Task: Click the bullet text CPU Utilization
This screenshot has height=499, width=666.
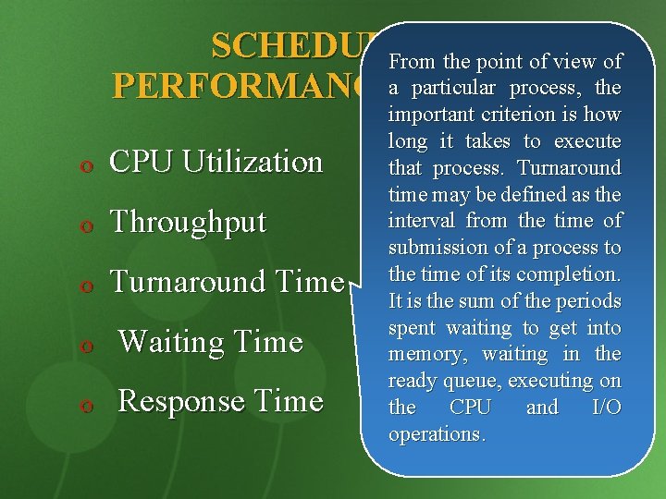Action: (x=216, y=162)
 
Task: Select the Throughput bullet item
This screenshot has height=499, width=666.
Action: (x=188, y=223)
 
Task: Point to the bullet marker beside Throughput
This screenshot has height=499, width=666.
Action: (x=85, y=225)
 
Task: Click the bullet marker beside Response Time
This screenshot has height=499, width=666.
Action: (x=85, y=404)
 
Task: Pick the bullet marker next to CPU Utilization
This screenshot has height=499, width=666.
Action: (x=85, y=164)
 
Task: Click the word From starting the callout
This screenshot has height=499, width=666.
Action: (x=413, y=62)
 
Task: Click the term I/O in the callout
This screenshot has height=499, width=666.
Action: (x=605, y=408)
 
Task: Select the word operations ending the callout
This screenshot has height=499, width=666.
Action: (x=436, y=434)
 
